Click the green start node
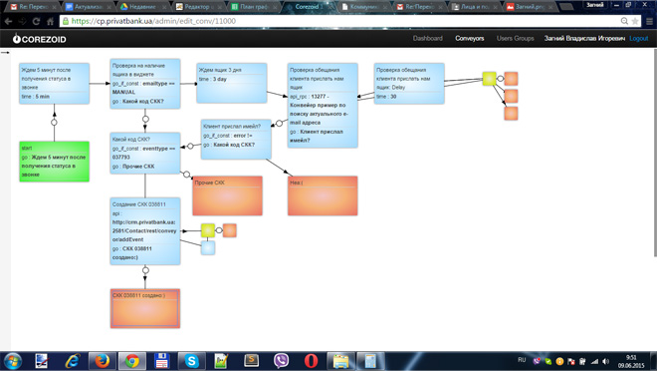pos(54,162)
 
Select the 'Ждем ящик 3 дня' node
pos(231,83)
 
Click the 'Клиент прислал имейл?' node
pos(236,140)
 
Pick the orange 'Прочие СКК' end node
pos(227,196)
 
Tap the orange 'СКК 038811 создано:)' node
pos(145,309)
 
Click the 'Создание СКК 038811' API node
pos(145,230)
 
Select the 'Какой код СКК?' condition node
pos(145,153)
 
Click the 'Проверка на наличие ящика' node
pos(145,84)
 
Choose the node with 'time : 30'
pos(409,84)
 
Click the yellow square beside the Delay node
pos(489,78)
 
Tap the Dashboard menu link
pos(427,39)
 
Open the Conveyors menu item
pos(470,39)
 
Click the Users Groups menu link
pos(515,39)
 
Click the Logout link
pos(639,39)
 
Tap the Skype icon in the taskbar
pos(191,360)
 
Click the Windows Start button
pos(13,360)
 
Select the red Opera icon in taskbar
pos(311,360)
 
